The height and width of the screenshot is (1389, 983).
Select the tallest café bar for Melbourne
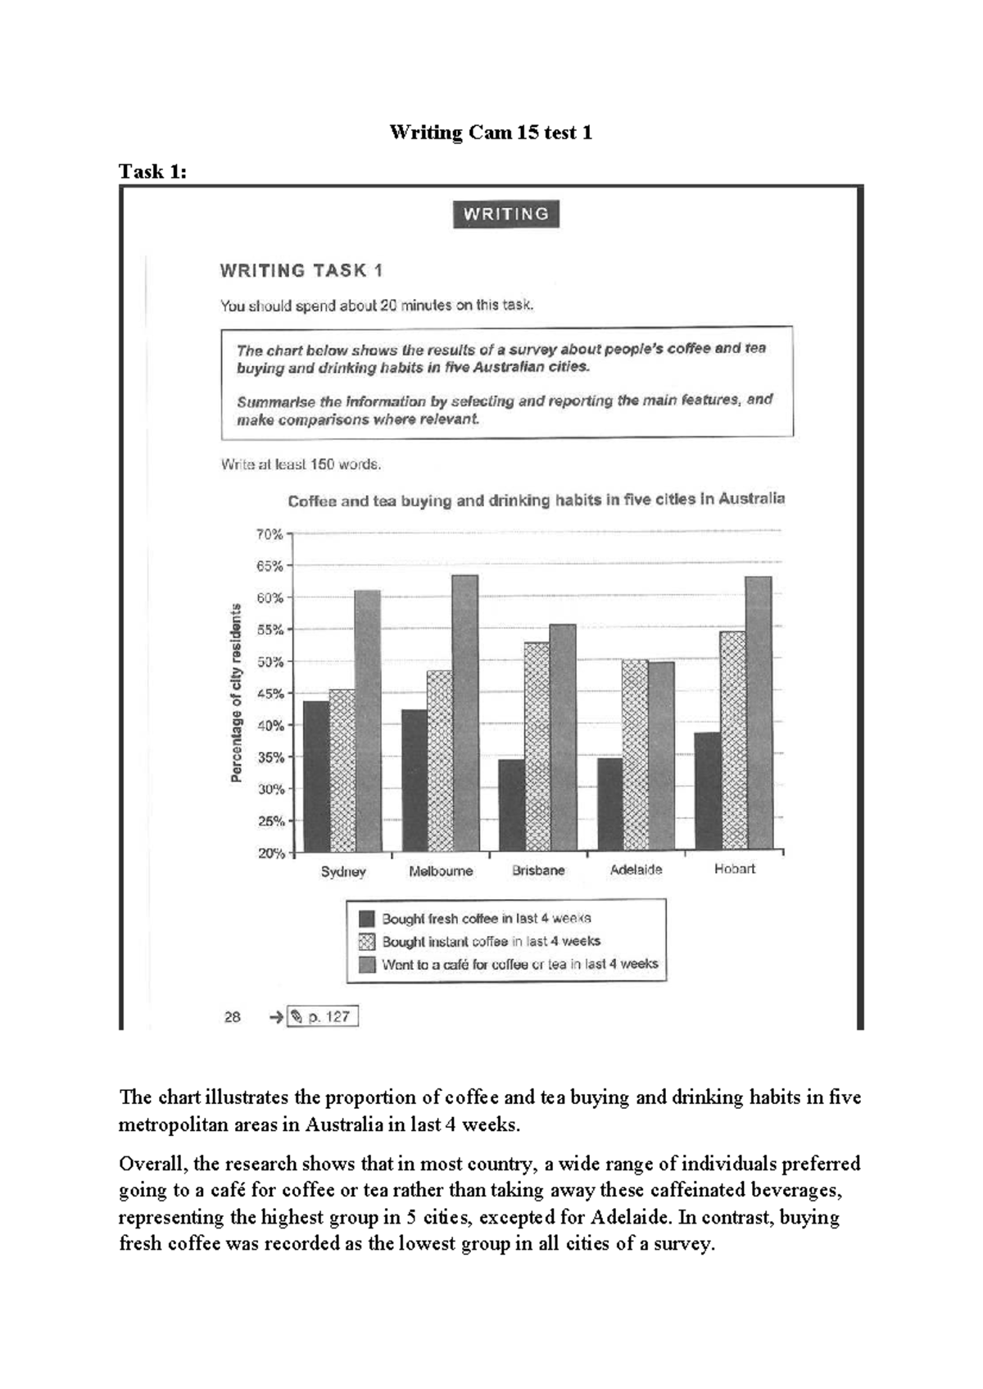(464, 713)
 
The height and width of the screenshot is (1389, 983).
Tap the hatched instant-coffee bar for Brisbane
(537, 745)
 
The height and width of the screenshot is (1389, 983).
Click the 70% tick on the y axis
(270, 534)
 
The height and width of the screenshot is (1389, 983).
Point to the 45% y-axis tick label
(270, 694)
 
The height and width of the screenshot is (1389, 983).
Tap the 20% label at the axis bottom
(271, 853)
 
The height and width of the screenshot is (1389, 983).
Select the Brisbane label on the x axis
(538, 871)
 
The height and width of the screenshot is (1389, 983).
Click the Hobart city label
(734, 869)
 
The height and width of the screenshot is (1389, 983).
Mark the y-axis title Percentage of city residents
(237, 693)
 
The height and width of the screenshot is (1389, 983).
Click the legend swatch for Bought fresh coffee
(367, 919)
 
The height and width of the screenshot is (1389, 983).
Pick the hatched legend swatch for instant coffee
(367, 942)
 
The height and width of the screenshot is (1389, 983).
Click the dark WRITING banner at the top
(505, 215)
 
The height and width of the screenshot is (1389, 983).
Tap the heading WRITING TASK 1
(301, 271)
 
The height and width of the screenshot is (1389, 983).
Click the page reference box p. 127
(322, 1016)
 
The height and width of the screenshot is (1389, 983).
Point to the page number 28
(232, 1016)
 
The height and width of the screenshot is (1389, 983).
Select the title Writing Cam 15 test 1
(490, 133)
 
